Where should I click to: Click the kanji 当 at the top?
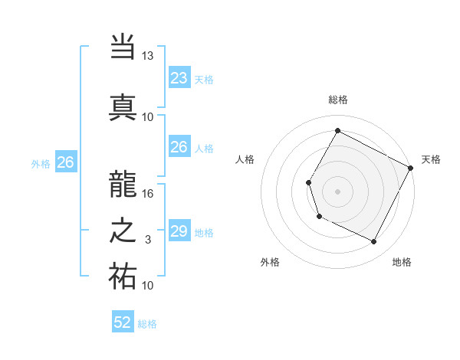tap(123, 47)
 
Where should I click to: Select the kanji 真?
tap(123, 106)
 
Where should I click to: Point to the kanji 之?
tap(123, 231)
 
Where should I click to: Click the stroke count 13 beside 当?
tap(148, 56)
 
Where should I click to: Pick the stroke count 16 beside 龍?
tap(148, 194)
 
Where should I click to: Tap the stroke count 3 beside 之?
tap(148, 240)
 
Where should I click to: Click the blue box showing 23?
tap(179, 78)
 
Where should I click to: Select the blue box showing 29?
tap(179, 231)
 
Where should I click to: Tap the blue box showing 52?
tap(123, 322)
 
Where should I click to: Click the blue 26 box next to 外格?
tap(65, 162)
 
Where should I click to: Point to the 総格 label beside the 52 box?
tap(147, 324)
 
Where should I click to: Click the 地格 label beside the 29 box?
tap(204, 233)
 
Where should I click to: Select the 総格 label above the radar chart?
tap(337, 100)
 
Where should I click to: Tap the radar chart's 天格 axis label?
tap(431, 159)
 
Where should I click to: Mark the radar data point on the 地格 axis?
tap(374, 242)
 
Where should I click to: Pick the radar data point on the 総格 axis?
tap(337, 131)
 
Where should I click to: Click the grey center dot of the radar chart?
tap(337, 191)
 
